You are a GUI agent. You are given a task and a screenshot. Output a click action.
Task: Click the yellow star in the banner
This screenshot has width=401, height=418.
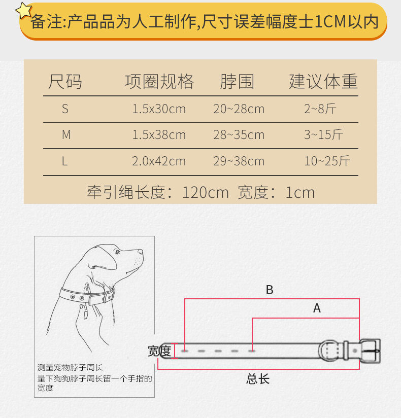click(24, 11)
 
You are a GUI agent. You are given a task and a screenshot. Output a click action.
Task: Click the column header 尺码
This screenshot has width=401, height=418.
click(65, 81)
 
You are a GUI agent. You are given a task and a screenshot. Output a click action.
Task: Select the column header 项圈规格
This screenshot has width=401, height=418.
click(159, 81)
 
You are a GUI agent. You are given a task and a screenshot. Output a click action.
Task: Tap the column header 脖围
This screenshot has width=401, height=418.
click(237, 81)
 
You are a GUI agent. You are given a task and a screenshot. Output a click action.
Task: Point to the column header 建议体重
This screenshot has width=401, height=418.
click(323, 81)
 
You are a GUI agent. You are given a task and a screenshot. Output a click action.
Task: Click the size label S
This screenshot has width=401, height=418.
click(65, 109)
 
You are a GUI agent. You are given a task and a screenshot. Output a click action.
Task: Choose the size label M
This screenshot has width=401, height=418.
click(66, 135)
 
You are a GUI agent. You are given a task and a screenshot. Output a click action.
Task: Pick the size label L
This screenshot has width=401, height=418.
click(65, 161)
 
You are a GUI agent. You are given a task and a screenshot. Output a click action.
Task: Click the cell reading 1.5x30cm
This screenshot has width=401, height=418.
click(159, 109)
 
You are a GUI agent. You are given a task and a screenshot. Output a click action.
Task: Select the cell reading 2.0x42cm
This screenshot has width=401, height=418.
click(159, 161)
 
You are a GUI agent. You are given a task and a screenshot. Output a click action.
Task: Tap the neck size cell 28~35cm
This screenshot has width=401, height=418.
click(239, 135)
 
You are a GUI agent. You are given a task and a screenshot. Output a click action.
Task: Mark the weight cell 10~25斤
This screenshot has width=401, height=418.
click(327, 161)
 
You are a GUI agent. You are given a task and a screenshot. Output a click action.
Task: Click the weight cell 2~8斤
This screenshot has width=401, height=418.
click(320, 109)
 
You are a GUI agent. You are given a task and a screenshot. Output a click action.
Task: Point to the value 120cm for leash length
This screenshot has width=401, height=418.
click(206, 193)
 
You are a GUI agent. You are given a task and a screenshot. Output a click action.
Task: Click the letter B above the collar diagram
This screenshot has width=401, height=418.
click(270, 290)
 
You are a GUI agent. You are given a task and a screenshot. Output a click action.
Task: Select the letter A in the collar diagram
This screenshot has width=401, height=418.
click(317, 308)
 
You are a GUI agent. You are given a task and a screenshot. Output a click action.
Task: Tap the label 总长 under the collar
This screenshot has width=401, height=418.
click(258, 379)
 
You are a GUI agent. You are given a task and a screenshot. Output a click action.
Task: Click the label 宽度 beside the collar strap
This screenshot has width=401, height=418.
click(159, 351)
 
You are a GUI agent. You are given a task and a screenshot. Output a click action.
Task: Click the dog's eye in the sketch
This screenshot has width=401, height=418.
click(118, 252)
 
